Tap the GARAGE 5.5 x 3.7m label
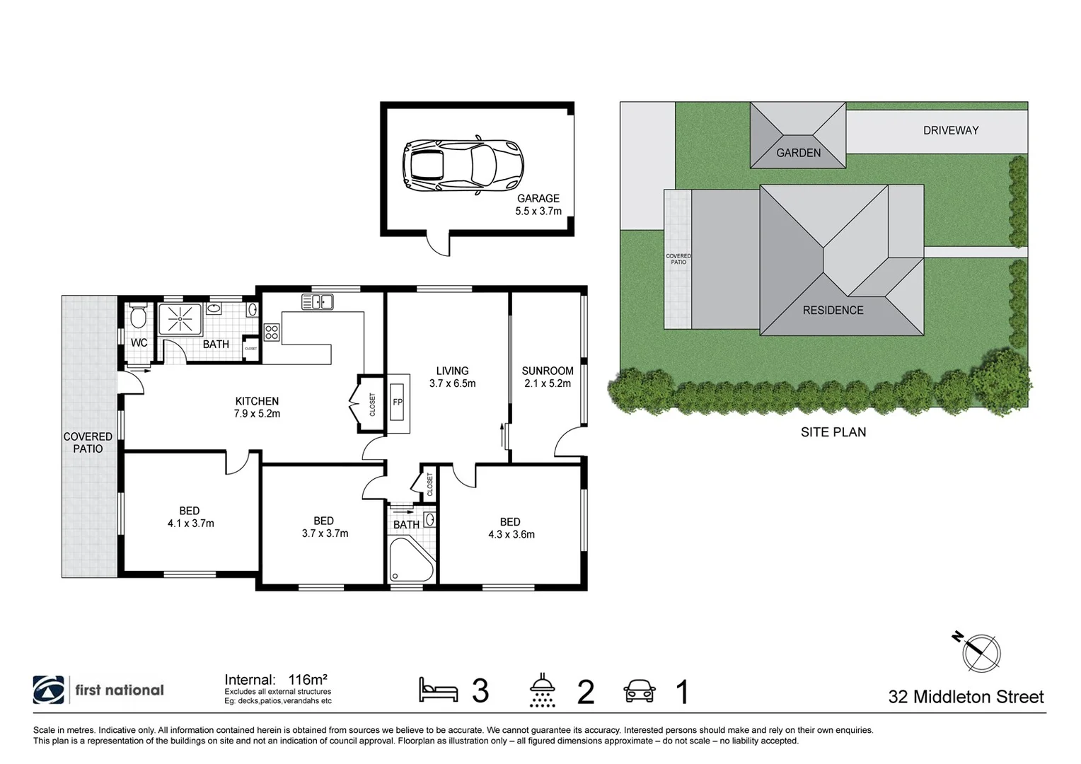pos(538,204)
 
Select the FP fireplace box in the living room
pos(398,403)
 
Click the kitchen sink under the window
pos(317,302)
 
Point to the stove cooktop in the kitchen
pos(272,332)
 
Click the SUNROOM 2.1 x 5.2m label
pos(548,377)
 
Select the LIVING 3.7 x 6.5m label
pos(452,377)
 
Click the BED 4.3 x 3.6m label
pos(511,528)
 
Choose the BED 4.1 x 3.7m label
pos(190,517)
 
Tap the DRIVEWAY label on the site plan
pos(950,130)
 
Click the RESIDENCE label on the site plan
pos(833,310)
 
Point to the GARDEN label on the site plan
pos(798,153)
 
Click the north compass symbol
pos(981,652)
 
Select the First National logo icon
pos(48,690)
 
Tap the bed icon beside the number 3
pos(438,689)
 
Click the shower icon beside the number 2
pos(543,690)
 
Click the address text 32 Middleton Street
pos(966,697)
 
